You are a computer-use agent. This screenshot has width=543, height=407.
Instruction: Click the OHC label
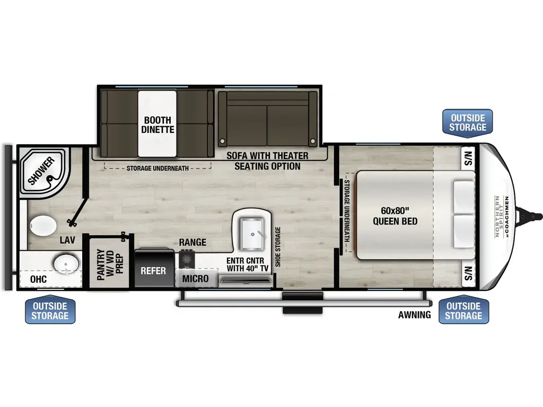pos(38,279)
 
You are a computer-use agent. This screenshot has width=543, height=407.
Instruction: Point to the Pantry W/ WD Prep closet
pos(109,262)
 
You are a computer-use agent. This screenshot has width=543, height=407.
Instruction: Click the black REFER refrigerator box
pos(154,270)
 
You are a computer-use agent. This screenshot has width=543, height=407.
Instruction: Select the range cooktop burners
pos(187,259)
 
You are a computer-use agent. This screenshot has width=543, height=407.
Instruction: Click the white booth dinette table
pos(157,123)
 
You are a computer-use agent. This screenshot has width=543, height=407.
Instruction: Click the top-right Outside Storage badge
pos(467,122)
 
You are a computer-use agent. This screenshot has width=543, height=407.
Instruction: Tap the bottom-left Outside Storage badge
pos(50,311)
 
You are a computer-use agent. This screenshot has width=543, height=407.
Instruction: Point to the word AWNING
pos(415,315)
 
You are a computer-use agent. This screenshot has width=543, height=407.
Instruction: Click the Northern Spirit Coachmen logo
pos(501,218)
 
